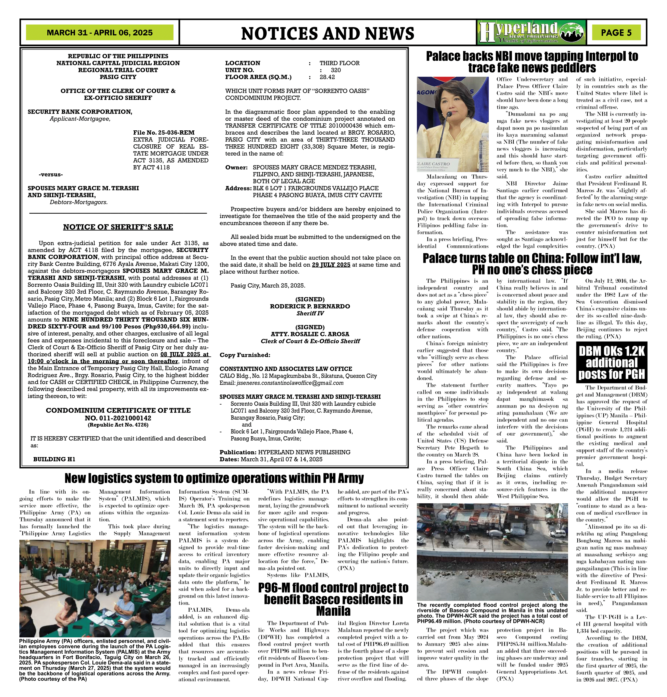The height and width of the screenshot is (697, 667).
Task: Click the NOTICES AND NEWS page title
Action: pos(327,33)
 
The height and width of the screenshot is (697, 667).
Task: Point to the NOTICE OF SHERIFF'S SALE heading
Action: pos(118,227)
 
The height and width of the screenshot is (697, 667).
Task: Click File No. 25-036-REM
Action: pos(164,133)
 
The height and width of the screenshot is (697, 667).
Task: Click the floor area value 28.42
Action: pos(327,77)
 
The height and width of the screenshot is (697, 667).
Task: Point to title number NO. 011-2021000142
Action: pos(118,418)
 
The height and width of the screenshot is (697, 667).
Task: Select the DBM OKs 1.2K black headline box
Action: pos(611,362)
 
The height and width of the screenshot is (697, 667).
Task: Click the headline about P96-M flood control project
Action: pos(333,599)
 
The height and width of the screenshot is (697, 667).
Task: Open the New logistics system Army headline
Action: pos(214,478)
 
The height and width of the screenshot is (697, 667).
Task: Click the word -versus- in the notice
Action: pos(51,175)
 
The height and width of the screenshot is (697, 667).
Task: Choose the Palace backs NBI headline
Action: pos(532,62)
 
